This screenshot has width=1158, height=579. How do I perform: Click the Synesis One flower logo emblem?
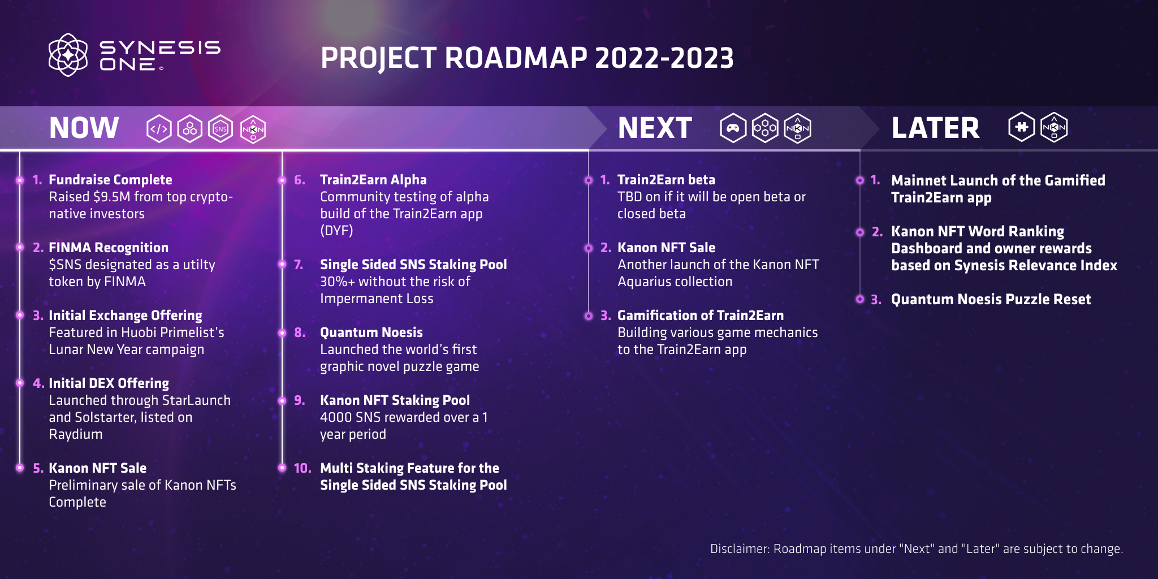(68, 55)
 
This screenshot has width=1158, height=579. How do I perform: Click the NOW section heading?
(84, 128)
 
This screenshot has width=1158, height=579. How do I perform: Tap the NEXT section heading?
(655, 128)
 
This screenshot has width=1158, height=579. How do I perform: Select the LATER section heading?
(935, 128)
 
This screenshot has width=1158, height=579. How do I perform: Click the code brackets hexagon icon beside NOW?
(159, 129)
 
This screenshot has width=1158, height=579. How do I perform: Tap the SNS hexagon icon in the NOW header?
(221, 129)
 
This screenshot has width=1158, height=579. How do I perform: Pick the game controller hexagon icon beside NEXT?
(733, 128)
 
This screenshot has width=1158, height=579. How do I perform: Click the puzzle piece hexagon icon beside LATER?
(1021, 127)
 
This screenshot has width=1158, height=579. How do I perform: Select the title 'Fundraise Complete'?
(110, 180)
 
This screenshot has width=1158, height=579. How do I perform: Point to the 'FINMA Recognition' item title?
(109, 248)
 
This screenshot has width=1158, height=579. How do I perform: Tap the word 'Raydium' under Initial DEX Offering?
(76, 434)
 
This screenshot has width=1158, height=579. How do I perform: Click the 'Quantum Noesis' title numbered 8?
(371, 332)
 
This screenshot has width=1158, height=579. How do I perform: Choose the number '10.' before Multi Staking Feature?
(303, 468)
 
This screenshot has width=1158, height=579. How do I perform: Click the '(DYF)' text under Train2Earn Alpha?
(336, 231)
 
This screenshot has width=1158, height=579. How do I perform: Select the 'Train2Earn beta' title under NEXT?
(666, 180)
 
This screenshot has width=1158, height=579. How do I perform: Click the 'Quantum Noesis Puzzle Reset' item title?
(991, 299)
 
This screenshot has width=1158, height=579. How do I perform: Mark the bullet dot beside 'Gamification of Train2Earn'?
(589, 316)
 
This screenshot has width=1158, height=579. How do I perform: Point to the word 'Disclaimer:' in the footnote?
(740, 549)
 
